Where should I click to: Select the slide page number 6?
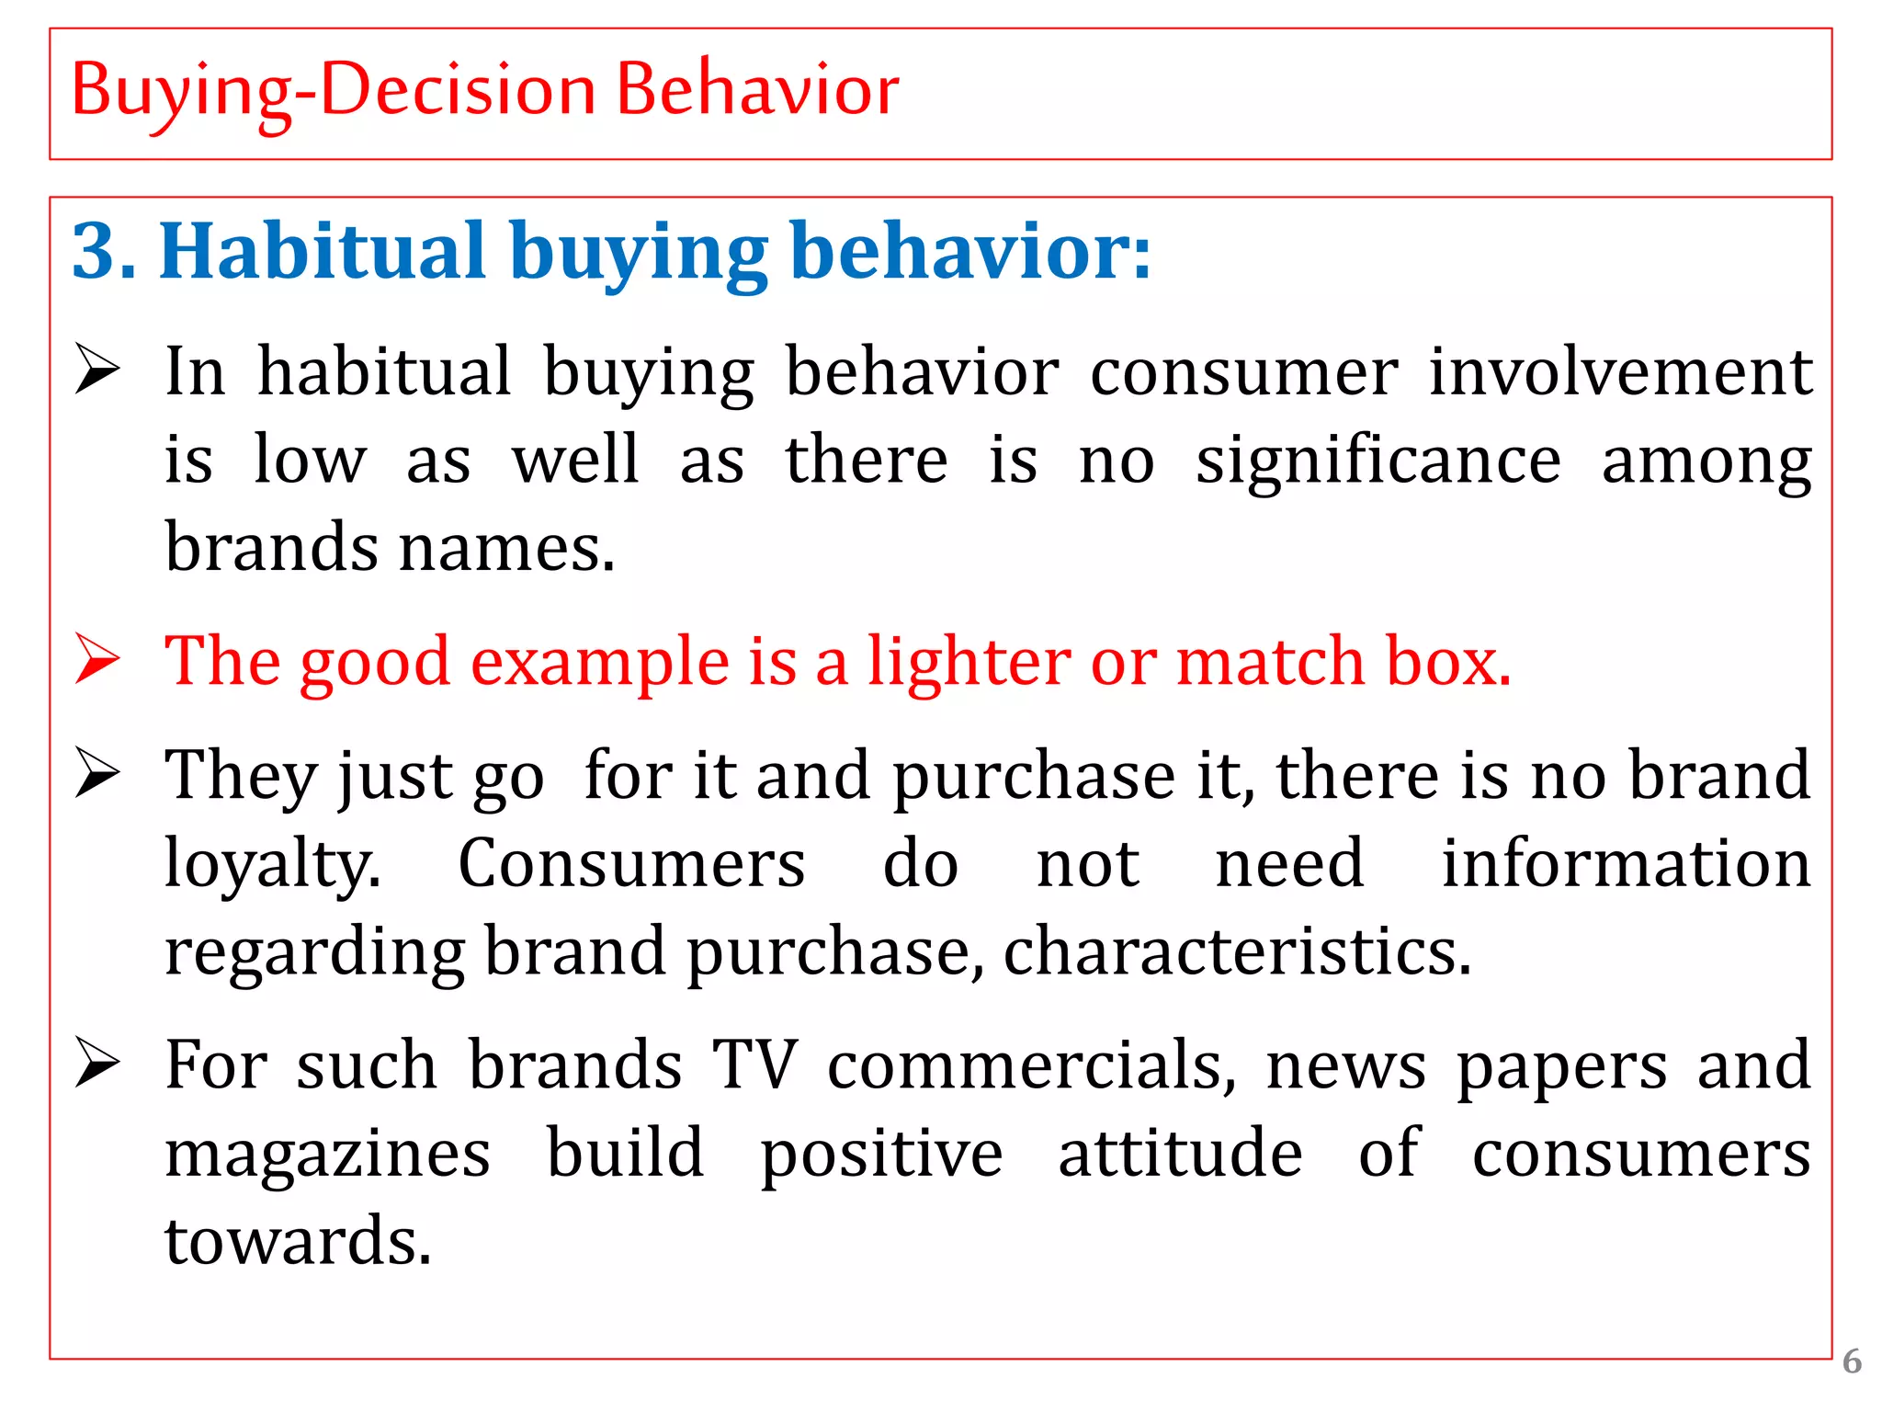tap(1852, 1361)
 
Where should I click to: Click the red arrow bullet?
tap(97, 659)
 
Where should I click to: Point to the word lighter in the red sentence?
tap(969, 661)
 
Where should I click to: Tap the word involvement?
tap(1619, 372)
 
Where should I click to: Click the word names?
tap(506, 548)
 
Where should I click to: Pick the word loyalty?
tap(272, 864)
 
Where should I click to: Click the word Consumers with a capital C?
tap(631, 864)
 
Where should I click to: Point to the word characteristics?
tap(1237, 951)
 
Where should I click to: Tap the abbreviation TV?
tap(755, 1065)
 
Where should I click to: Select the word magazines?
tap(327, 1154)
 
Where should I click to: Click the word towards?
tap(298, 1241)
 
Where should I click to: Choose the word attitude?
tap(1180, 1154)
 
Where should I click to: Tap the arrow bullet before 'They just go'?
tap(97, 773)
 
